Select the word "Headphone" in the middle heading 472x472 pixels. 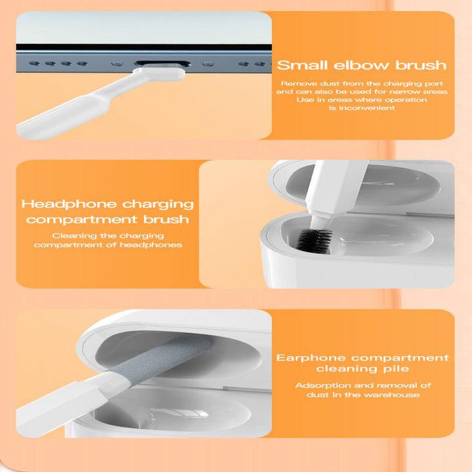(x=69, y=205)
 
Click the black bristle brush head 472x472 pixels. (x=314, y=240)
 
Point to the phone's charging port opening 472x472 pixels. (x=163, y=64)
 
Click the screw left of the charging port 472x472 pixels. (x=117, y=64)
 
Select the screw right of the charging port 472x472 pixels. (x=208, y=64)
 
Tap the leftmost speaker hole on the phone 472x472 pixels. (x=34, y=64)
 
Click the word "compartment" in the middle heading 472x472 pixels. (x=81, y=220)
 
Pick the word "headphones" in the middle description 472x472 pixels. (x=151, y=245)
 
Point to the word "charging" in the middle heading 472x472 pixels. (x=158, y=205)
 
